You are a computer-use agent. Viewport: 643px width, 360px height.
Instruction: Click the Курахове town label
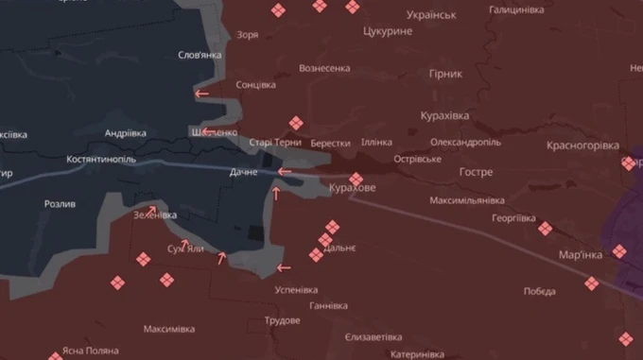coord(352,188)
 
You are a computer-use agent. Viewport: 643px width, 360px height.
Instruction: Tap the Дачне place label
coord(243,172)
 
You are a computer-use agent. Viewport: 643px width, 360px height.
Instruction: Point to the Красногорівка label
coord(582,146)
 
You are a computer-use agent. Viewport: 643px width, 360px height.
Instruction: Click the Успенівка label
coord(300,290)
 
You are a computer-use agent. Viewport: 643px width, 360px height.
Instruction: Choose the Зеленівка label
coord(155,214)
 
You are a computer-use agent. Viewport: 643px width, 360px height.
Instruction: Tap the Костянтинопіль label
coord(102,160)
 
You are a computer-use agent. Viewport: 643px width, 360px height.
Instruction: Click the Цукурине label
coord(388,31)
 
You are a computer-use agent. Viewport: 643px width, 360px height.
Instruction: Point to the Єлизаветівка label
coord(374,337)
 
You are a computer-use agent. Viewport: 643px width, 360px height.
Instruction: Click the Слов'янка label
coord(200,55)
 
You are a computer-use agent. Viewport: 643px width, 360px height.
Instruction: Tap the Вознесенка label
coord(324,68)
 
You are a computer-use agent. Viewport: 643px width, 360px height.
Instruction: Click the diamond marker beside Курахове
coord(356,179)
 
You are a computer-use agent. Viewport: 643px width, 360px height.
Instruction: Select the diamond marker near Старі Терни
coord(296,122)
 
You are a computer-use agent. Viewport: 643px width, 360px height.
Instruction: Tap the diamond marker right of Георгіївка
coord(545,228)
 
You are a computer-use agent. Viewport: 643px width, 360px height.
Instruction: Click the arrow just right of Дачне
coord(284,172)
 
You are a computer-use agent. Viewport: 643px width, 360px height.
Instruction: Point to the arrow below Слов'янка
coord(201,94)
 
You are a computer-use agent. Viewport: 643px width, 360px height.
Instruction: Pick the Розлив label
coord(60,203)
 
